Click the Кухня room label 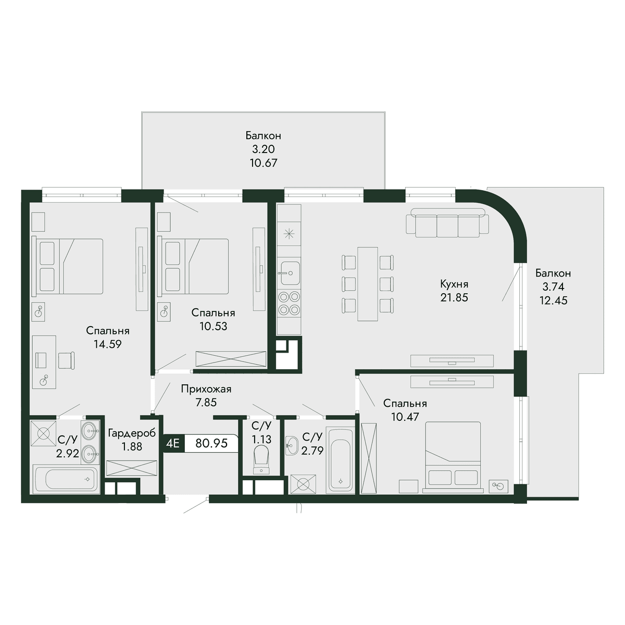click(x=454, y=284)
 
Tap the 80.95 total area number click(x=211, y=443)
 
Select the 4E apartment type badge click(x=172, y=443)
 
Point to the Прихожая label click(x=206, y=389)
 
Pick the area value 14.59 click(x=108, y=344)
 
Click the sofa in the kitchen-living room click(x=447, y=222)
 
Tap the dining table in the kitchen click(x=368, y=284)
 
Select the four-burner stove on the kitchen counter click(x=289, y=303)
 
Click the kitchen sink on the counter click(x=290, y=273)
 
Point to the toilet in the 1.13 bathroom click(x=261, y=459)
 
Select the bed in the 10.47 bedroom click(x=453, y=457)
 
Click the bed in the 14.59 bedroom click(x=68, y=266)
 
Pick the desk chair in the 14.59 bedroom click(x=67, y=360)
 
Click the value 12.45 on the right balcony click(x=553, y=301)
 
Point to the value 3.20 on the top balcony click(x=264, y=149)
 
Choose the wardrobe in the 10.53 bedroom click(x=231, y=359)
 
